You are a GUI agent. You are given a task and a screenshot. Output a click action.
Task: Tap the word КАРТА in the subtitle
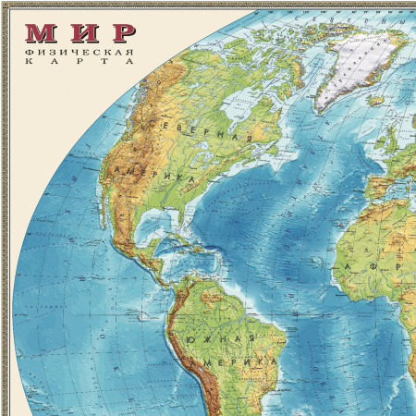tap(92, 62)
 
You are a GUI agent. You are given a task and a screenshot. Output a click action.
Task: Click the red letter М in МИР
tap(40, 34)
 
